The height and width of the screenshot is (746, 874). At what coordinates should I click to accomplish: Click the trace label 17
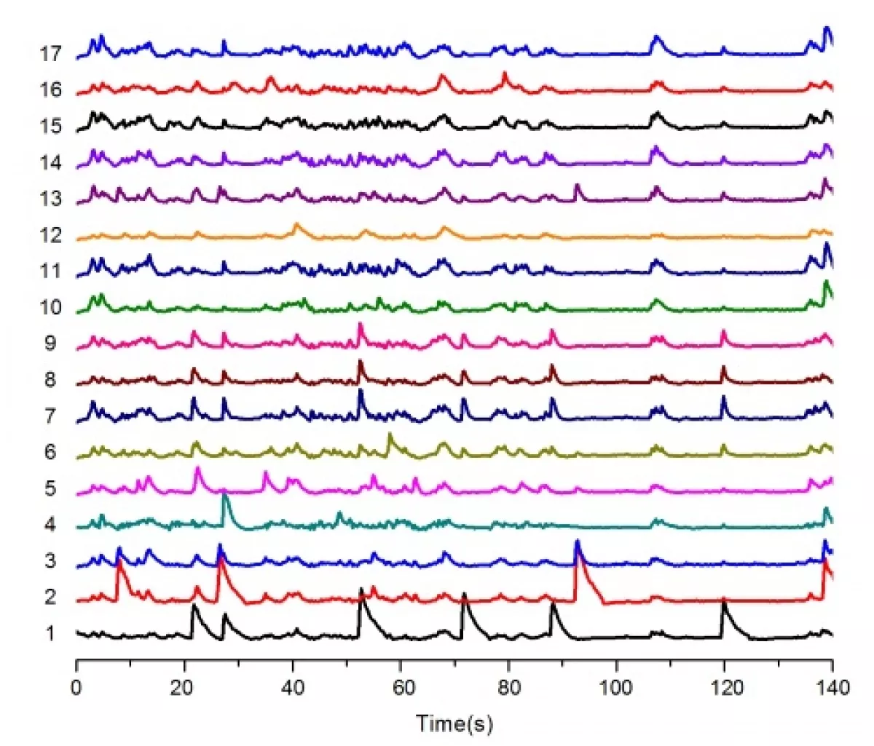pos(51,54)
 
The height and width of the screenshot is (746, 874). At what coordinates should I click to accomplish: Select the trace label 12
pos(51,235)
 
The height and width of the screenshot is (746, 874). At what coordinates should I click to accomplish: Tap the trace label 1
pos(50,634)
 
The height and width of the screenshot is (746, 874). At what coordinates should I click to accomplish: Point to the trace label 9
pos(50,344)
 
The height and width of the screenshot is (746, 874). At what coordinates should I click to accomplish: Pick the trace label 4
pos(50,525)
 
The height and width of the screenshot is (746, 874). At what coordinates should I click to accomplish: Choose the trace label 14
pos(51,163)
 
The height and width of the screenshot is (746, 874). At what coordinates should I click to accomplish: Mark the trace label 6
pos(50,452)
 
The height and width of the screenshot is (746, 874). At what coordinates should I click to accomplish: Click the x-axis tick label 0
pos(76,687)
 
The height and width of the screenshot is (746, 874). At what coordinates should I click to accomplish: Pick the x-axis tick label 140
pos(832,687)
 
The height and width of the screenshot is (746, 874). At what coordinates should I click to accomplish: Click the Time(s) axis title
pos(454,723)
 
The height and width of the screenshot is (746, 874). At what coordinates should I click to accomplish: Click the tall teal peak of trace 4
pos(225,496)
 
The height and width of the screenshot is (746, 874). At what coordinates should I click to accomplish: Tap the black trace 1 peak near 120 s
pos(723,603)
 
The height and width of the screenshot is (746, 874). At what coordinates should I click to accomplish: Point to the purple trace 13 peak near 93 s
pos(577,186)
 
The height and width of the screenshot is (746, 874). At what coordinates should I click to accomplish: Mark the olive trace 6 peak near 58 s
pos(390,435)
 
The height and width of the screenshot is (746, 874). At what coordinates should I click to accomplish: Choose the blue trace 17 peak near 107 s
pos(656,36)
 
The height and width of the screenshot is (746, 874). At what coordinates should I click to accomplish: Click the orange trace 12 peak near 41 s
pos(296,225)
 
